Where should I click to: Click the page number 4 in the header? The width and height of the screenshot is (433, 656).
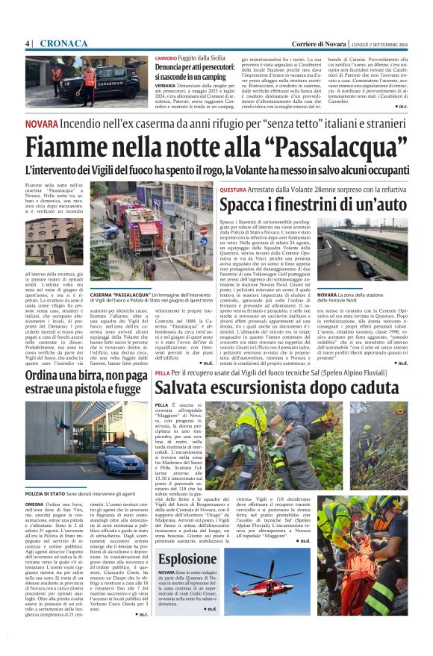(27, 43)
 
